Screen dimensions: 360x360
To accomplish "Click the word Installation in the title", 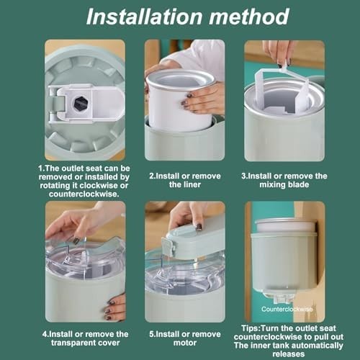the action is [x=144, y=17].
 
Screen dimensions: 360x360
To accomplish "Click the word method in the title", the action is [x=249, y=17].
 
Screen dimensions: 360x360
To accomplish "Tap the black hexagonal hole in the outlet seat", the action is [x=81, y=104].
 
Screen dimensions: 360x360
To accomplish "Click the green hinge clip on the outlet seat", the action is [x=58, y=104].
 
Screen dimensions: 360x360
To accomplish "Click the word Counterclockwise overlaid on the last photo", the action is [x=287, y=309].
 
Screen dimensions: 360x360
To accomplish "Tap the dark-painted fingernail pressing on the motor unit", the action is [x=199, y=227].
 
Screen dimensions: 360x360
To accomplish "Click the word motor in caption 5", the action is [x=185, y=343].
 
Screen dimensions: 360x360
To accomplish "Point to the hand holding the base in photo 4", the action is [x=114, y=307].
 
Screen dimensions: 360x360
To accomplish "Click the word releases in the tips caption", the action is [x=289, y=354].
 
